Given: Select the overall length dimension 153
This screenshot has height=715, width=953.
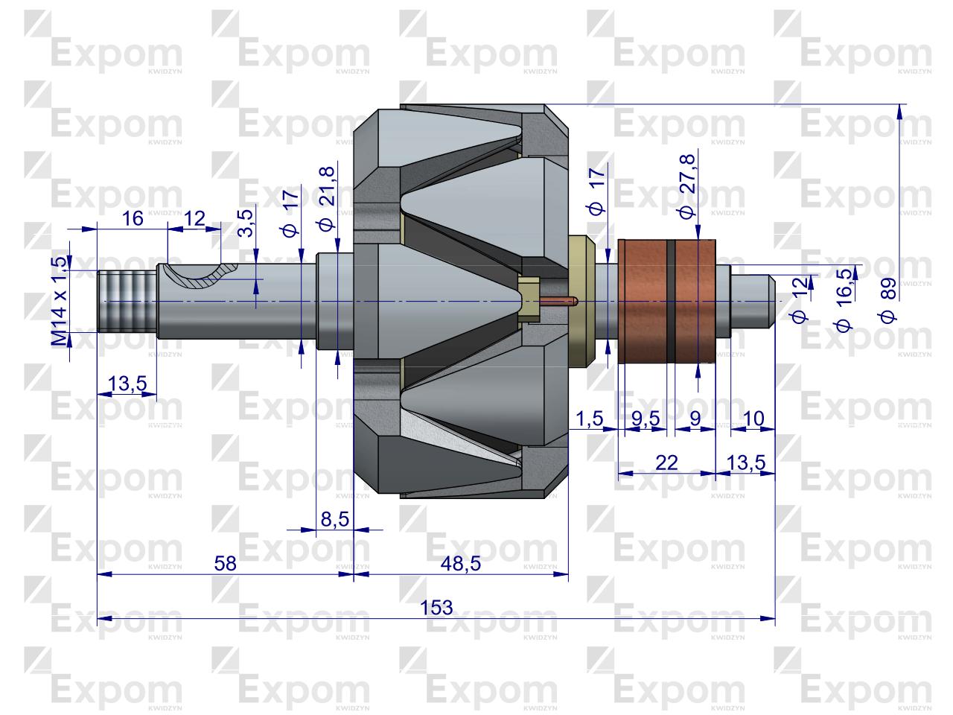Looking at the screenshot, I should [x=436, y=607].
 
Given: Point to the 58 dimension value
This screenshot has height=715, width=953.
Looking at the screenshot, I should [x=225, y=564].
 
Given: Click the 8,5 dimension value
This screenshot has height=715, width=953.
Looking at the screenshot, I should [x=334, y=519].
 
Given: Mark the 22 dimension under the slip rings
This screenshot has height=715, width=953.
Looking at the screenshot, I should [x=667, y=463].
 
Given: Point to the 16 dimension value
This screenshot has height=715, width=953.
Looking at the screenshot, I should [x=132, y=218].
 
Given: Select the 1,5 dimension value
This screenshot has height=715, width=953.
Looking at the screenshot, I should [x=589, y=419].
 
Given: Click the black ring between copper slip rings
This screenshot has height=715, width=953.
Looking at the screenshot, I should [x=672, y=301].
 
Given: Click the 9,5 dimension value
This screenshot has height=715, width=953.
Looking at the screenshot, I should [x=646, y=419].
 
